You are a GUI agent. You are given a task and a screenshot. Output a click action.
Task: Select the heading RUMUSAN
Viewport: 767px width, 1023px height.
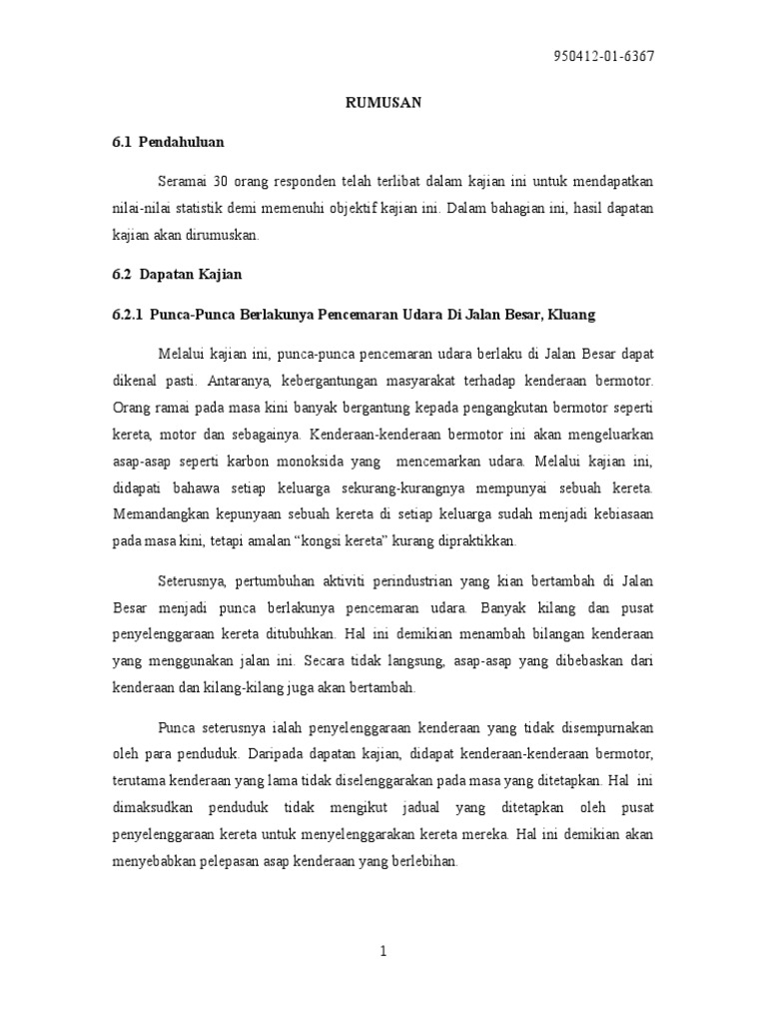[383, 102]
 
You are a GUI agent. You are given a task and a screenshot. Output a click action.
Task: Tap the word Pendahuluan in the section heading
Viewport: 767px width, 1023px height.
[182, 142]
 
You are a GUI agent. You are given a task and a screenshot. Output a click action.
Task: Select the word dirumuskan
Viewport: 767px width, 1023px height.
[228, 235]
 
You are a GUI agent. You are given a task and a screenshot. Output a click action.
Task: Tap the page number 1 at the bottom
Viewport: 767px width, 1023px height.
[383, 951]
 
